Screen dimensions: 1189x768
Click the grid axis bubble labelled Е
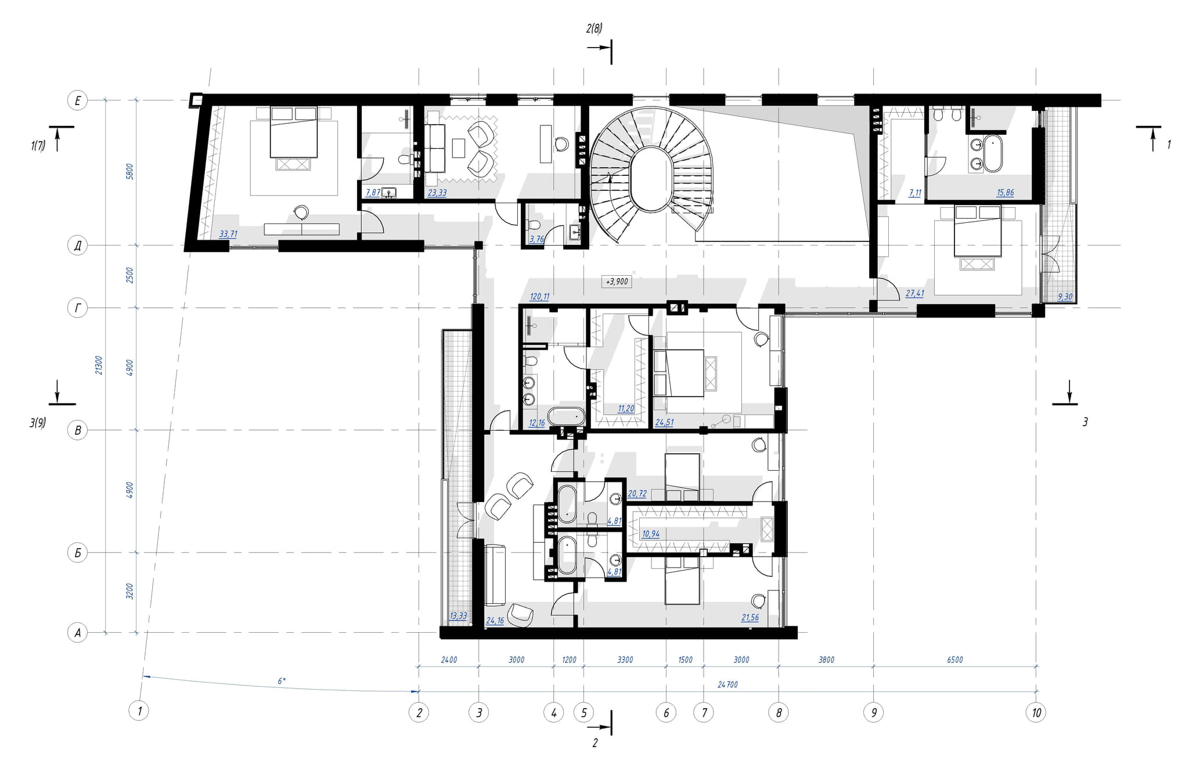[78, 101]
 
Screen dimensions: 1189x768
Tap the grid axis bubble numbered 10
[1036, 712]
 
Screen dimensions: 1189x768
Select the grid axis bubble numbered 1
[139, 711]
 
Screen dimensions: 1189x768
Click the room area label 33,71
[228, 235]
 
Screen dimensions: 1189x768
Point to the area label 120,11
[539, 297]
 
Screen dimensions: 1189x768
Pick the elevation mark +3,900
[617, 282]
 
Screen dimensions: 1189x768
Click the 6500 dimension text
[954, 660]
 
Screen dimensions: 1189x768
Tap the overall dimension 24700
[727, 685]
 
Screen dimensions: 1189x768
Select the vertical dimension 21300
[99, 366]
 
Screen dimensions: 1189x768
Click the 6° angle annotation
[282, 681]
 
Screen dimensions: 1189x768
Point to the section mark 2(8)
[594, 28]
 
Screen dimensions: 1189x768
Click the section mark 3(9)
[38, 423]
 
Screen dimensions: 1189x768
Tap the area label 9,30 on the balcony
[1065, 297]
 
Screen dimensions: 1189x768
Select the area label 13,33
[458, 616]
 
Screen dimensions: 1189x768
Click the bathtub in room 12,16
[567, 416]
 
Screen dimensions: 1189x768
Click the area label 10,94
[650, 534]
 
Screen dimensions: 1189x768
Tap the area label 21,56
[750, 618]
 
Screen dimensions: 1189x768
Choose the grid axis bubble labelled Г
[78, 308]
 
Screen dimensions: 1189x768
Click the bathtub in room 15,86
[993, 154]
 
